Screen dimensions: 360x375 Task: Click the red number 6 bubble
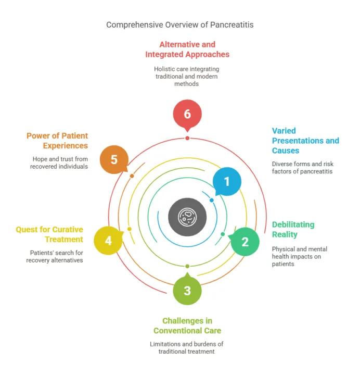187,114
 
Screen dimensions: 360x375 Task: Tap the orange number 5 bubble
114,159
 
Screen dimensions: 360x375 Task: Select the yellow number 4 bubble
108,240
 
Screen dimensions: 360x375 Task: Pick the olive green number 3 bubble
187,290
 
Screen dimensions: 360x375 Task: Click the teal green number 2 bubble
245,242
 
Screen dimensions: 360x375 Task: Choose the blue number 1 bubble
227,181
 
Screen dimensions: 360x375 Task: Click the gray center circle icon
187,217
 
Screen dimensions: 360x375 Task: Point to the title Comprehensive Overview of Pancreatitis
180,24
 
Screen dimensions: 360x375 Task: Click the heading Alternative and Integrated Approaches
187,49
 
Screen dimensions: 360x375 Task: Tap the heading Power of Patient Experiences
57,141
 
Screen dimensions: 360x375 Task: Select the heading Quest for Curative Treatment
49,234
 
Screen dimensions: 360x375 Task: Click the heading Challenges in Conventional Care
187,326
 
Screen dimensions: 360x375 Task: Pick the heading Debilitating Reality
293,229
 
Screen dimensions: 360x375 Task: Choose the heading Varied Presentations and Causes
305,141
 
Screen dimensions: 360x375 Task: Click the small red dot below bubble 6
187,138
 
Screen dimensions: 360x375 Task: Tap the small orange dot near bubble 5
132,176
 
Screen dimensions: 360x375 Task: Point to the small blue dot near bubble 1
211,200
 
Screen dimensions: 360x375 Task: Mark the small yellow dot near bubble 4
130,229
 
